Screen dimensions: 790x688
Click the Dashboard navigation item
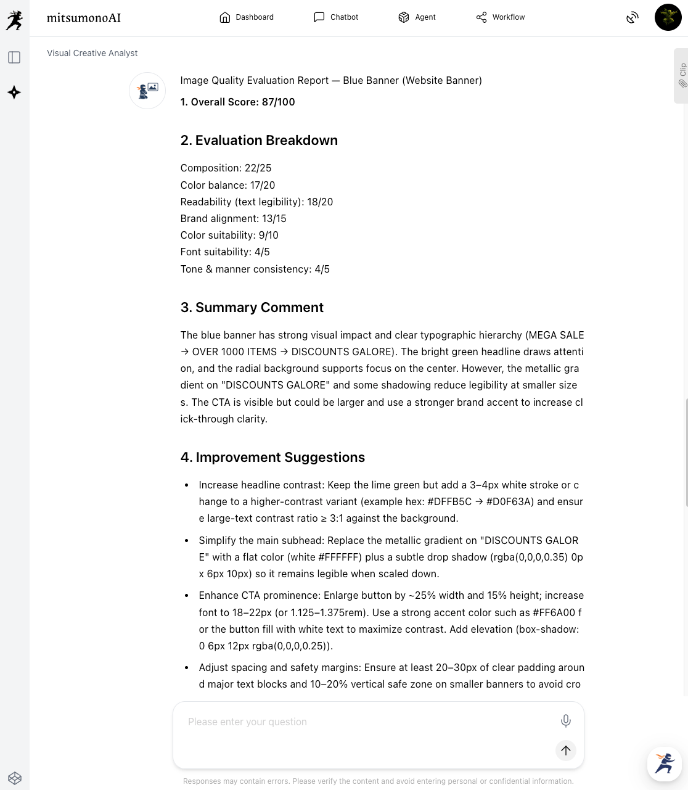click(x=247, y=17)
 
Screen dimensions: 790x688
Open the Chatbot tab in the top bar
click(x=336, y=17)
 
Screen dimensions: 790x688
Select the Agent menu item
click(x=417, y=17)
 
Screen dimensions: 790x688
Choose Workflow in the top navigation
click(x=500, y=17)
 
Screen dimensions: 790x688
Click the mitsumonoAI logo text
click(x=84, y=18)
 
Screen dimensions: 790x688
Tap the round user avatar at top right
click(x=668, y=17)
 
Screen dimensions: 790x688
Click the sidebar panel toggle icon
click(x=14, y=57)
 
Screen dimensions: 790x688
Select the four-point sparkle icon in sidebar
click(x=14, y=93)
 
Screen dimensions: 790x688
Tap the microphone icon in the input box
click(x=565, y=720)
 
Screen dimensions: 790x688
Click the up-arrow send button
click(x=565, y=750)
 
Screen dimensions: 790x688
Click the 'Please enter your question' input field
click(x=364, y=722)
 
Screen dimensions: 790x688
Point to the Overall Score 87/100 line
click(x=237, y=102)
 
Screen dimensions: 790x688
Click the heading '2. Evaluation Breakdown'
click(x=259, y=141)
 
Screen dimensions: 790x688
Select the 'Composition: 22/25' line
click(x=226, y=168)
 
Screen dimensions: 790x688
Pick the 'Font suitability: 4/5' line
click(x=225, y=252)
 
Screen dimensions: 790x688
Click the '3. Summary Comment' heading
click(x=252, y=308)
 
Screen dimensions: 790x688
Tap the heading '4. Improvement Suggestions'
click(x=272, y=458)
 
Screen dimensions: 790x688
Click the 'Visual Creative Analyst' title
click(x=92, y=54)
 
